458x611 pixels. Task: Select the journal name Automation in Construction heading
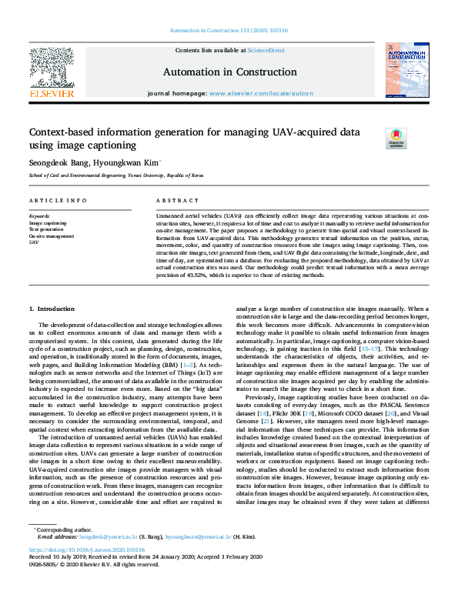click(x=229, y=72)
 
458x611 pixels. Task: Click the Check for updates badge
click(x=396, y=139)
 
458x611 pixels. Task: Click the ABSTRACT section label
click(x=172, y=200)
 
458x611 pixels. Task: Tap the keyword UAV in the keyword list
click(x=34, y=242)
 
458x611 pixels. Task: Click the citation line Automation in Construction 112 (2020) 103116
click(x=229, y=31)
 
